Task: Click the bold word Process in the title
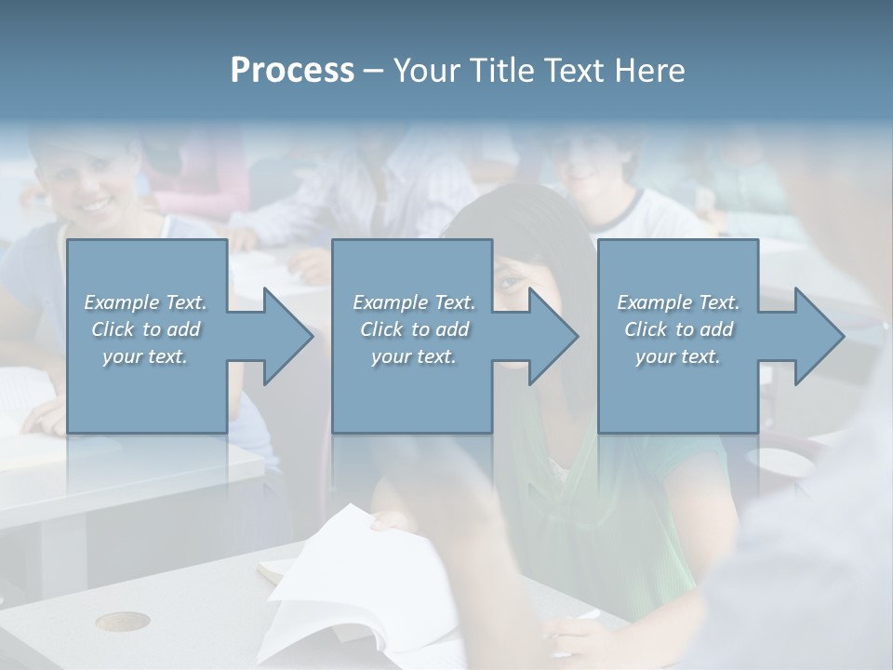(292, 71)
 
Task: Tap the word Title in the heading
(503, 71)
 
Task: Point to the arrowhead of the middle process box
(552, 336)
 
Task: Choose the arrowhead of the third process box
(818, 336)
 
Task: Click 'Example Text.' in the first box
(146, 302)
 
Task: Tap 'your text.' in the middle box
(413, 356)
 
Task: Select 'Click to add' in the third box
(678, 329)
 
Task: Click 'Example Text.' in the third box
(678, 302)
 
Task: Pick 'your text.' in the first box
(146, 356)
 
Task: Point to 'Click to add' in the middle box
(413, 329)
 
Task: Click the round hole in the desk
(122, 621)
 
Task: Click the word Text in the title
(575, 71)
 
